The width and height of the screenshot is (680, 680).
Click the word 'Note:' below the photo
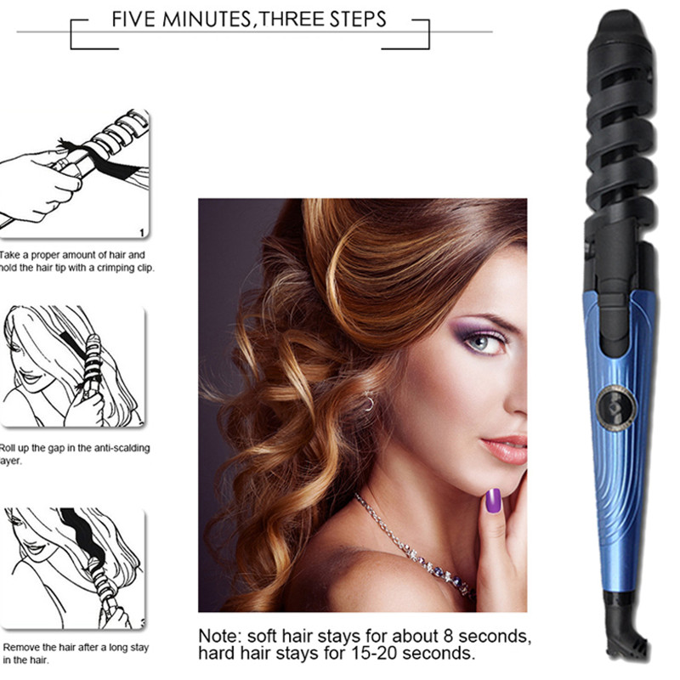[223, 636]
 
